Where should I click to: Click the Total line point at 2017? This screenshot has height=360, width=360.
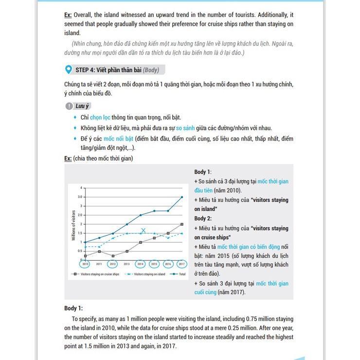point(182,197)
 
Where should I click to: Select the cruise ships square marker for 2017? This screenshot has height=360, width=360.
point(182,224)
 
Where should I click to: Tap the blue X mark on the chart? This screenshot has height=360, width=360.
point(143,231)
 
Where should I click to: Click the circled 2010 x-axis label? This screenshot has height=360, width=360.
point(85,264)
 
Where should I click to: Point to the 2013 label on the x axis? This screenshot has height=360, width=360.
point(126,264)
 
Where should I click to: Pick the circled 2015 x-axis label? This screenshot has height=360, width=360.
point(154,264)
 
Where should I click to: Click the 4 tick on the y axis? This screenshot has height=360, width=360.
point(82,188)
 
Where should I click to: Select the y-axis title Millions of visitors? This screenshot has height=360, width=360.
point(74,224)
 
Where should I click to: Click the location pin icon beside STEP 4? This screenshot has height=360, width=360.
point(68,70)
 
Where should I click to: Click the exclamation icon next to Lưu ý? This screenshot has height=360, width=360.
point(69,106)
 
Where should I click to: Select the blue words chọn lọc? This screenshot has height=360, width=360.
point(100,117)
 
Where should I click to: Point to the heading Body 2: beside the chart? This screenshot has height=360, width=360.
point(203,218)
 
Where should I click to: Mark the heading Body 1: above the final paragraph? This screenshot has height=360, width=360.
point(73,308)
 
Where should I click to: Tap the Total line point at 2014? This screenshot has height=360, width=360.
point(141,215)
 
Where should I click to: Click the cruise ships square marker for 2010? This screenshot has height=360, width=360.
point(85,255)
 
